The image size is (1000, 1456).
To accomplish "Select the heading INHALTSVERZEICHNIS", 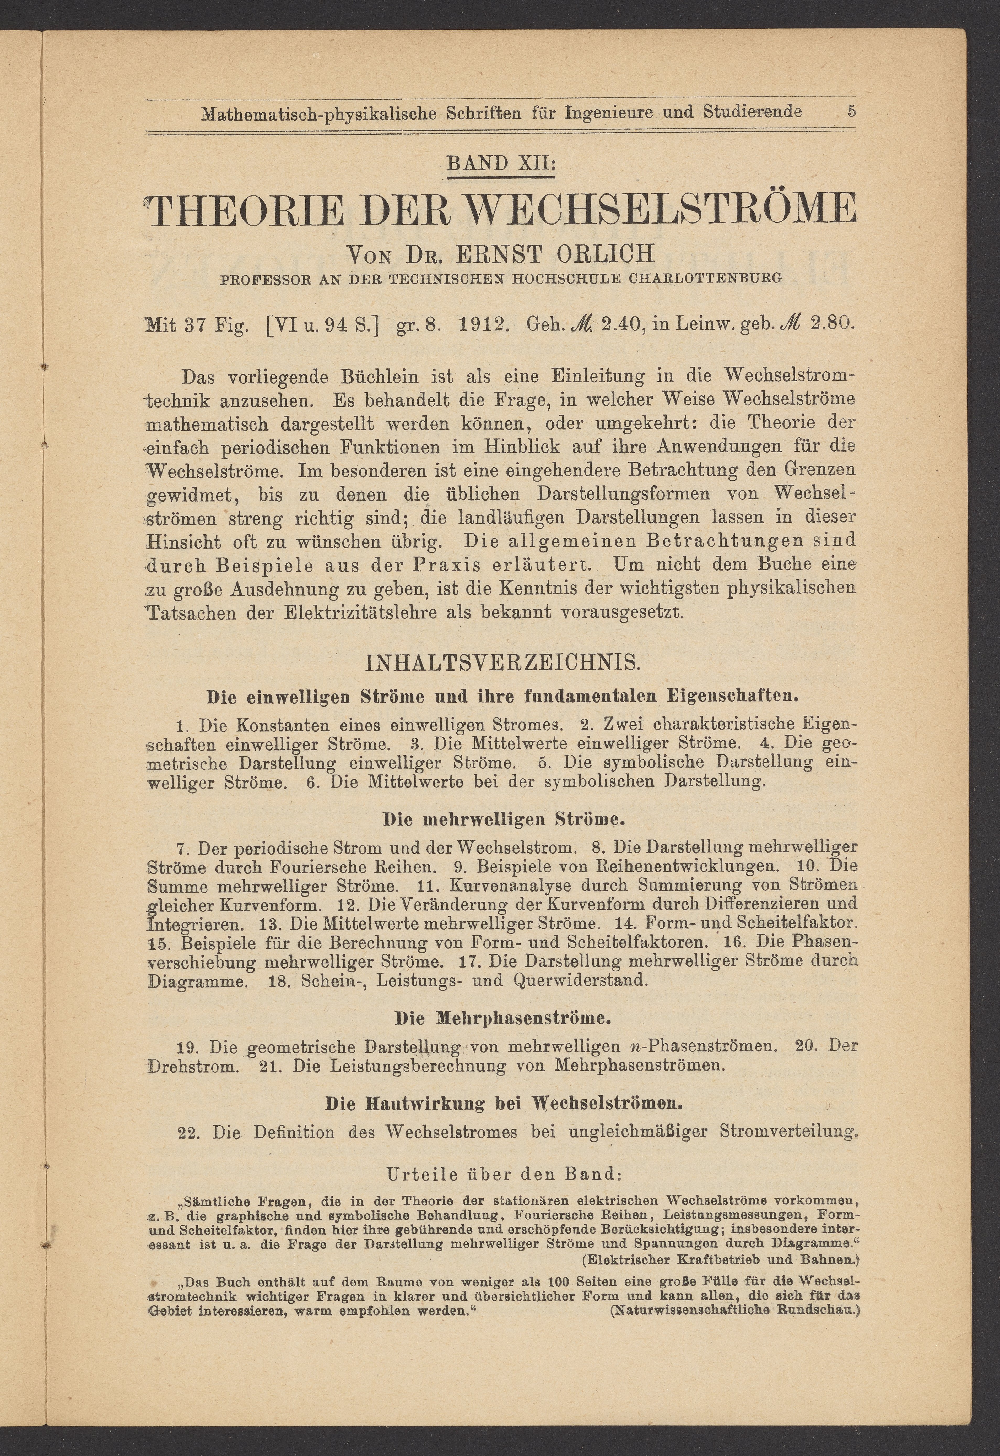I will point(501,663).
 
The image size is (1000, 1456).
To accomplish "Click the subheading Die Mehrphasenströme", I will point(502,1018).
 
